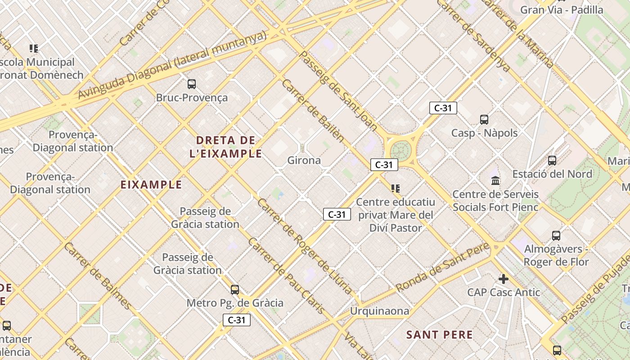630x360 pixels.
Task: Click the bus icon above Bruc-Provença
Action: pyautogui.click(x=192, y=84)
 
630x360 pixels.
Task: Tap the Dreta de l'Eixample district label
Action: pyautogui.click(x=226, y=147)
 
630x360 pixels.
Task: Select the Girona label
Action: pyautogui.click(x=304, y=161)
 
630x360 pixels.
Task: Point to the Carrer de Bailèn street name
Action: pyautogui.click(x=313, y=111)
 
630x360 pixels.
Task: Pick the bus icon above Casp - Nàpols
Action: pyautogui.click(x=484, y=120)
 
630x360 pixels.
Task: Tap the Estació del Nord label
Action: pyautogui.click(x=552, y=174)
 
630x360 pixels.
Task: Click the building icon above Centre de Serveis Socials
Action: pyautogui.click(x=495, y=180)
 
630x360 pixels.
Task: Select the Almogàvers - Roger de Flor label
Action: pyautogui.click(x=556, y=256)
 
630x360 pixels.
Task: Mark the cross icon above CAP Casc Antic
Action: pyautogui.click(x=503, y=279)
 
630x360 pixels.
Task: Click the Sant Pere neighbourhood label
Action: pyautogui.click(x=439, y=335)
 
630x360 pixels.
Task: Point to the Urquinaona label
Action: pyautogui.click(x=380, y=311)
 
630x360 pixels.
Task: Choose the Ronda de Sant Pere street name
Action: pyautogui.click(x=443, y=267)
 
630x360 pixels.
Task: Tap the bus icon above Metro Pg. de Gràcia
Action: pyautogui.click(x=234, y=290)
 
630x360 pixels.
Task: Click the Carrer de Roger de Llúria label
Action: pyautogui.click(x=304, y=247)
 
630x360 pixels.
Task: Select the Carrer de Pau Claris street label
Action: pyautogui.click(x=286, y=276)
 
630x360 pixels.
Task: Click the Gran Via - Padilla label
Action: pyautogui.click(x=562, y=10)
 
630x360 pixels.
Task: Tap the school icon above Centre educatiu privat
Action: pyautogui.click(x=396, y=189)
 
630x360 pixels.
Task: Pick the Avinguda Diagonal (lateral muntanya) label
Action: pyautogui.click(x=172, y=65)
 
